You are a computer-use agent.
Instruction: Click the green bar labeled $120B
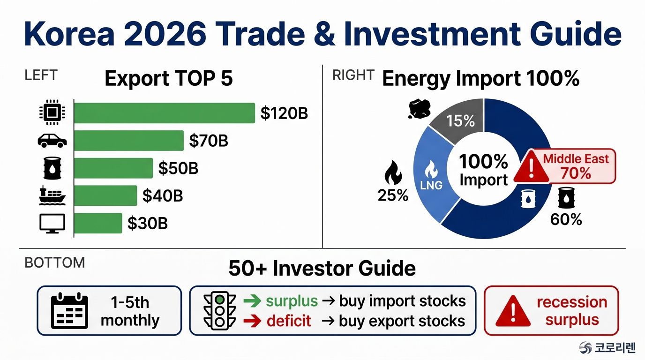click(165, 113)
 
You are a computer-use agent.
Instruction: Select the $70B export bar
click(129, 141)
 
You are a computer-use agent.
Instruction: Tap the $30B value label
click(148, 223)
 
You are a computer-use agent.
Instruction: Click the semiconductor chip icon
click(52, 112)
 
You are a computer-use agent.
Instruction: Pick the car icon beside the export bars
click(52, 141)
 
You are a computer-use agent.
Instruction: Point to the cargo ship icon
click(52, 195)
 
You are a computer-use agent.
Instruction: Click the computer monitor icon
click(52, 224)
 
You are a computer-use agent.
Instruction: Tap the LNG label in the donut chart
click(431, 185)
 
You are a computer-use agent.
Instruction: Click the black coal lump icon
click(419, 109)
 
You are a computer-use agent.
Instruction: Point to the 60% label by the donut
click(566, 219)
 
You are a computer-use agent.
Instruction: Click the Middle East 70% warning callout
click(565, 166)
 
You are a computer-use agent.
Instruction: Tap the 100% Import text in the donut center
click(483, 170)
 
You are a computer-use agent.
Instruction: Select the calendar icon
click(69, 311)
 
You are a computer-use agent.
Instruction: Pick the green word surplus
click(292, 301)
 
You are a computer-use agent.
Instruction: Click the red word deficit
click(289, 321)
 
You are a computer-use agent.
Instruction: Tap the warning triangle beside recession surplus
click(513, 312)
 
